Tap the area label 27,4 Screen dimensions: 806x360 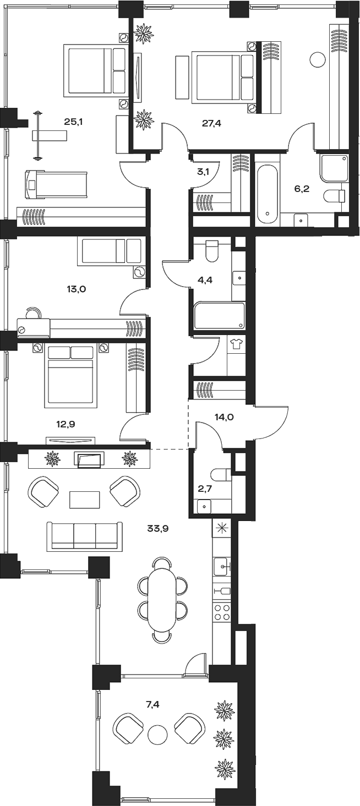(211, 123)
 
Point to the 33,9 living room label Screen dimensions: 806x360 (157, 529)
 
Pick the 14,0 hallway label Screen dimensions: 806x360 (224, 417)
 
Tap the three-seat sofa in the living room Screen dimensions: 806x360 (84, 536)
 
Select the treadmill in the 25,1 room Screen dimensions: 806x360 (57, 184)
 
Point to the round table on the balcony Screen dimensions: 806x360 (157, 734)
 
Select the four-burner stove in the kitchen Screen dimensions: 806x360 (222, 612)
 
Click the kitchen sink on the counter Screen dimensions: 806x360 (221, 565)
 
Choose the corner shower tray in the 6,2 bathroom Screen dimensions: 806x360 (334, 168)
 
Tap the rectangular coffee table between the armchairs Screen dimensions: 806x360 (84, 500)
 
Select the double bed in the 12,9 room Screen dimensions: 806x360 (70, 377)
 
